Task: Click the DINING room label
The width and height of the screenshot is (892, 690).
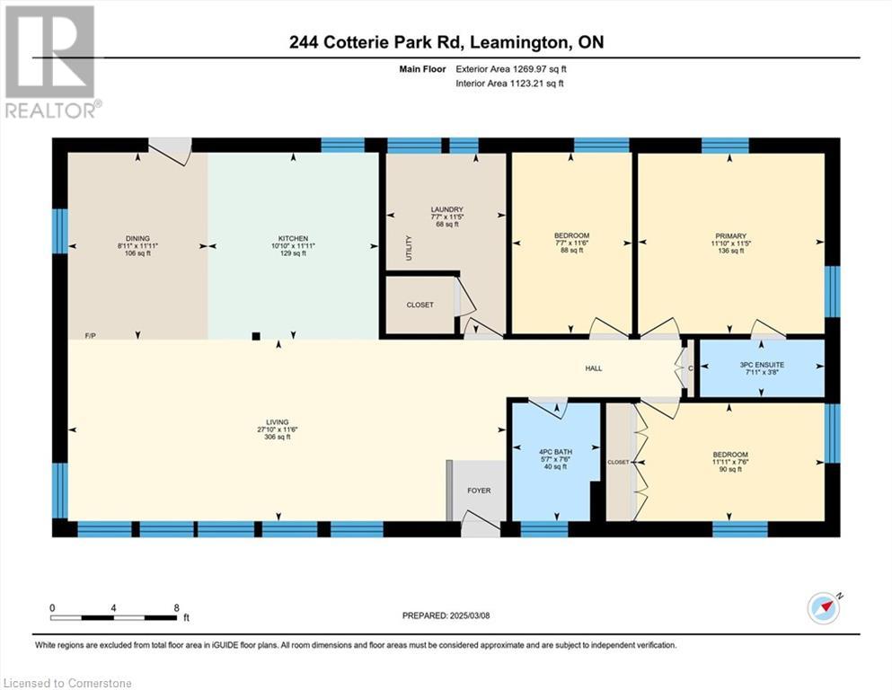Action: pos(137,238)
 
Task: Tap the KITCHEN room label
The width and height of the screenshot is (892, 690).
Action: pos(293,238)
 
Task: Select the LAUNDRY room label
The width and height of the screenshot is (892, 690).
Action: pos(447,209)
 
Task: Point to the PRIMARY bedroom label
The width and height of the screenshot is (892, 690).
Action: pos(731,236)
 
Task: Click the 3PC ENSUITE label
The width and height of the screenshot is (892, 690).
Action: pos(762,365)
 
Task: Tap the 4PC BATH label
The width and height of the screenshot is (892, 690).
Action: pos(556,452)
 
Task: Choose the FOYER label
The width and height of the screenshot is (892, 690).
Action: pos(479,491)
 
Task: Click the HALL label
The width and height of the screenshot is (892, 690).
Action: pos(594,368)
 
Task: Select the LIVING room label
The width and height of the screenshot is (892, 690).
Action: pos(278,422)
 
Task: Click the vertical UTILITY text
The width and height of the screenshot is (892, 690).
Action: pos(409,248)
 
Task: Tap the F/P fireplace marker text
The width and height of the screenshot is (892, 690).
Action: pos(91,336)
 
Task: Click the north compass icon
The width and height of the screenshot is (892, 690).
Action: pos(824,608)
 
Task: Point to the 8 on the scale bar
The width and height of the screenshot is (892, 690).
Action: pos(176,607)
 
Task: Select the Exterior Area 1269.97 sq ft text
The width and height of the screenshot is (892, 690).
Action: pos(511,69)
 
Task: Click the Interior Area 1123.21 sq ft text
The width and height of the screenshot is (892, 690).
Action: pos(509,83)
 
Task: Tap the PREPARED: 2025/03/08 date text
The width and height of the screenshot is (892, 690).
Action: pos(446,615)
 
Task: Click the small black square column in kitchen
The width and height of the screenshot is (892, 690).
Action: pos(256,336)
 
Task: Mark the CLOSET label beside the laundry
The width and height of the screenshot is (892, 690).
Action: pos(420,305)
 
